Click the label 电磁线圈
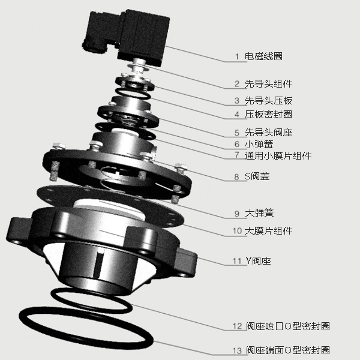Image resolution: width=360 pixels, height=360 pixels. [263, 56]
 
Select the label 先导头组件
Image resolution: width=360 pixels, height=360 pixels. [268, 83]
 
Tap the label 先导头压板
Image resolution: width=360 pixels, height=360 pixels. [268, 101]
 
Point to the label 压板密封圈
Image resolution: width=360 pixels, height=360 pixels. [268, 115]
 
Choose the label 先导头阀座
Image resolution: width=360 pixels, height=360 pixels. [268, 133]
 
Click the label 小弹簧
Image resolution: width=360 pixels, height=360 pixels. [259, 144]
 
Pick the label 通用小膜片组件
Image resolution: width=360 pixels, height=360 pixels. [278, 155]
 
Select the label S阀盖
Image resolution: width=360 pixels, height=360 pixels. [257, 176]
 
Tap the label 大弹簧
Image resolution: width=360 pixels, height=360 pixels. [259, 213]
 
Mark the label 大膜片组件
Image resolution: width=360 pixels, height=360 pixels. [268, 231]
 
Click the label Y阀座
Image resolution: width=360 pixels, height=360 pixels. [258, 261]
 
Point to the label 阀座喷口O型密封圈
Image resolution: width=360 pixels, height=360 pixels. [288, 326]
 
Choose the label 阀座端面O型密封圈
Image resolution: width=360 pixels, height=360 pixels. [288, 350]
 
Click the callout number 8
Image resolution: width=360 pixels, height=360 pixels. [237, 177]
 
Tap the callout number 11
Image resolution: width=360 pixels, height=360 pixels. [237, 261]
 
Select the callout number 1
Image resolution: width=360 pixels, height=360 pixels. [237, 57]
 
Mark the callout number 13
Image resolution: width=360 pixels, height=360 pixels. [237, 350]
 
